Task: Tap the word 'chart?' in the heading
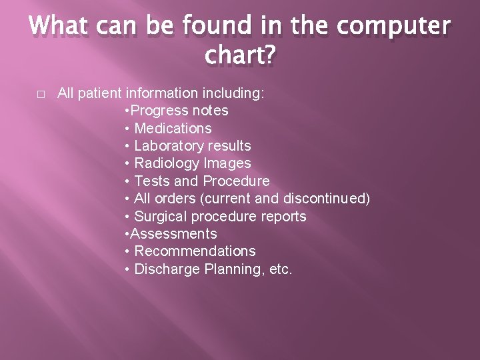click(240, 57)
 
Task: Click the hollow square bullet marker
click(41, 94)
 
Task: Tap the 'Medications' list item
click(173, 128)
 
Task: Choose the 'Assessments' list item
click(173, 234)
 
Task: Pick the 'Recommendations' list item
click(195, 251)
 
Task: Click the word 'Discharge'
click(164, 269)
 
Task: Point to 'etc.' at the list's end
click(279, 269)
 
